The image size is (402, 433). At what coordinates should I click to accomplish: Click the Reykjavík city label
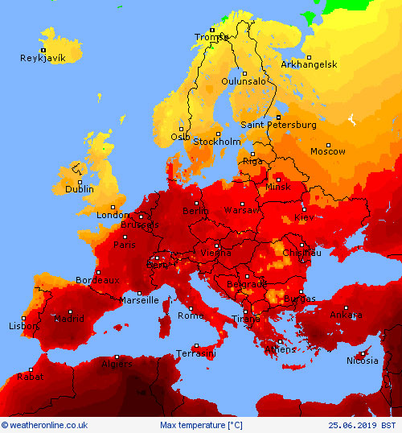tap(42, 58)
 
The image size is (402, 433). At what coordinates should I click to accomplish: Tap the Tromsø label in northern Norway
tap(212, 37)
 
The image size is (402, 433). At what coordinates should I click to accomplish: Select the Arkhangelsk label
tap(309, 64)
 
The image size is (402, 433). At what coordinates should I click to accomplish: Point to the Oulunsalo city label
tap(244, 81)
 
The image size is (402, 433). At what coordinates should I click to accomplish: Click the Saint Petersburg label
tap(278, 125)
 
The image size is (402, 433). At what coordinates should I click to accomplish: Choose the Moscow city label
tap(327, 151)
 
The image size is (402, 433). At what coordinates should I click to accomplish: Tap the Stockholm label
tap(217, 142)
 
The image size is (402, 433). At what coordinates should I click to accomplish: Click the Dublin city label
tap(80, 189)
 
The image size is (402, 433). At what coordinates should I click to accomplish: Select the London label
tap(113, 215)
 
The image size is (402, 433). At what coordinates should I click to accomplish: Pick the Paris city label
tap(125, 245)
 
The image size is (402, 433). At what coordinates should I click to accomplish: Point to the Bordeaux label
tap(97, 280)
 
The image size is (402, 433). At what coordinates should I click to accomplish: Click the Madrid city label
tap(68, 319)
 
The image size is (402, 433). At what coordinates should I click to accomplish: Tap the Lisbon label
tap(23, 327)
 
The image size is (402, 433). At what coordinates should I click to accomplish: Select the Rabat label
tap(30, 376)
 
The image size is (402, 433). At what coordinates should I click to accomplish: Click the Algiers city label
tap(116, 364)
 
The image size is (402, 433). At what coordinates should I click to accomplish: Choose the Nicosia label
tap(361, 361)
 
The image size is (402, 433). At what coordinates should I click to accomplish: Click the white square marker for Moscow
tap(328, 145)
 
